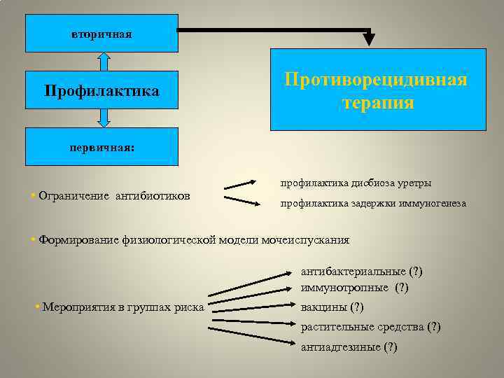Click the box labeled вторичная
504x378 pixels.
pyautogui.click(x=101, y=33)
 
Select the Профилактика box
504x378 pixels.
pyautogui.click(x=101, y=92)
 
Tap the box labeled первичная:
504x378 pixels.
pyautogui.click(x=101, y=148)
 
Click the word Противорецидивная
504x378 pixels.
pyautogui.click(x=376, y=79)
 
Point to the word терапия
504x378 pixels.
pyautogui.click(x=378, y=103)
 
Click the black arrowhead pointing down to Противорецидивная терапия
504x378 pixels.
pyautogui.click(x=369, y=39)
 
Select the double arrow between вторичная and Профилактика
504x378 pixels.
pyautogui.click(x=104, y=62)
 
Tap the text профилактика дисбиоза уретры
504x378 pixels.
pyautogui.click(x=356, y=183)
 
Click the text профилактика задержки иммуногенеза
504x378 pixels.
pyautogui.click(x=373, y=204)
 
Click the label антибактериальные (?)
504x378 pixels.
pyautogui.click(x=362, y=272)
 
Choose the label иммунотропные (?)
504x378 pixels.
pyautogui.click(x=355, y=288)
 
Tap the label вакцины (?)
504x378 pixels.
pyautogui.click(x=332, y=307)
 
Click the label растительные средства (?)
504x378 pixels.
pyautogui.click(x=371, y=327)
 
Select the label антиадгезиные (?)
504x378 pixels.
pyautogui.click(x=349, y=347)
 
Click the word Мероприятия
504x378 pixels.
pyautogui.click(x=78, y=307)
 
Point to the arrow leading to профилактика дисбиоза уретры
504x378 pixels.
pyautogui.click(x=240, y=185)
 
